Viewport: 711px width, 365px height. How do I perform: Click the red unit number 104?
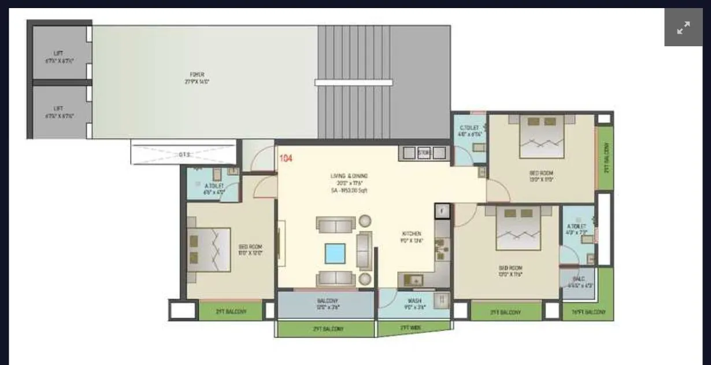(x=286, y=158)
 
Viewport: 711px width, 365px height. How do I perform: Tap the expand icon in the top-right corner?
(x=683, y=27)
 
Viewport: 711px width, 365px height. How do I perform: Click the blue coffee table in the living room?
(x=335, y=253)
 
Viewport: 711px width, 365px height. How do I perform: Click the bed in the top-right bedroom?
(x=542, y=137)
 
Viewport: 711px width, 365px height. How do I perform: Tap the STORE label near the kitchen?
(x=424, y=153)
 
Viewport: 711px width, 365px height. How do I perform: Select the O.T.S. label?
(x=184, y=154)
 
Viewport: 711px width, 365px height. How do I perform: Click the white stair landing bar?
(x=353, y=82)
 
